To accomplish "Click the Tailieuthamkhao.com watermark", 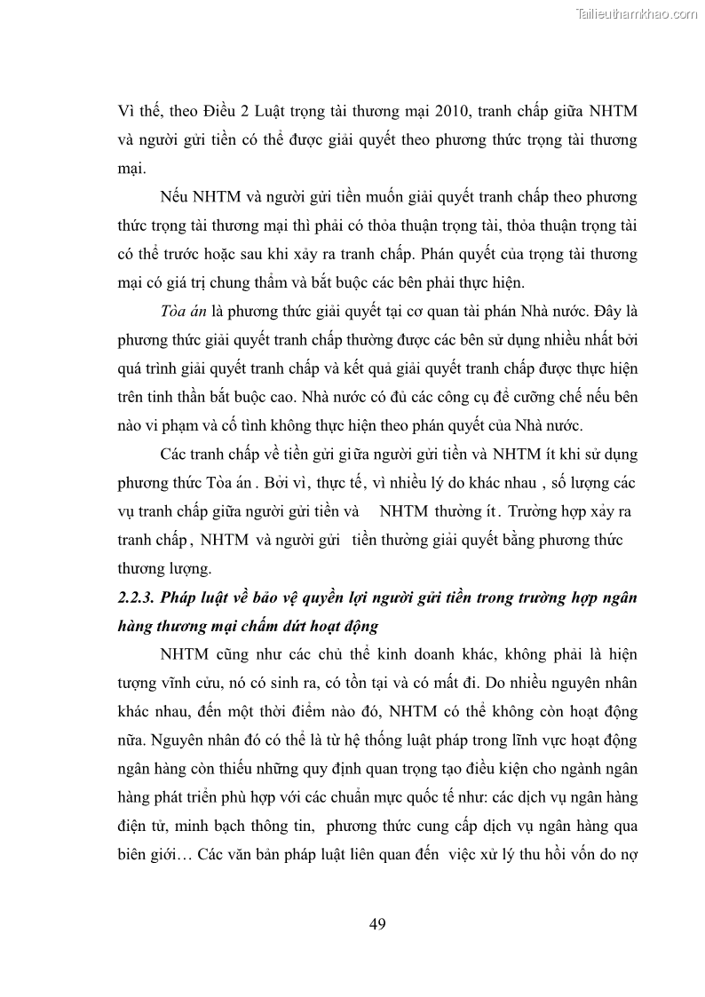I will (x=638, y=14).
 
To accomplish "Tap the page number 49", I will (x=376, y=924).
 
